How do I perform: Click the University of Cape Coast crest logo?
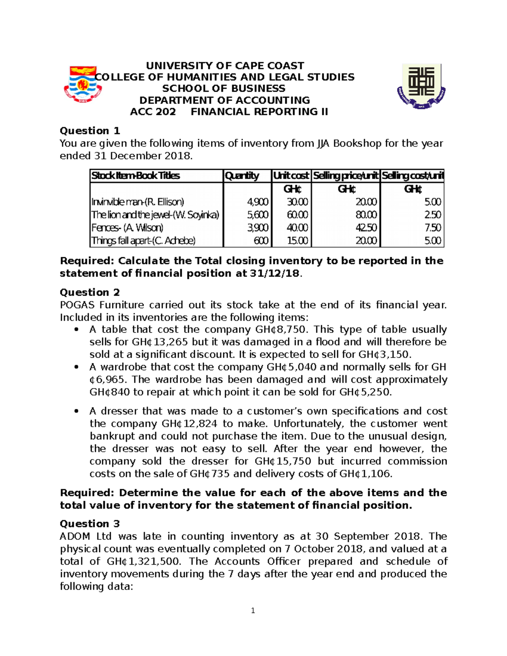[x=83, y=84]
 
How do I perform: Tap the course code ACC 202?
[x=153, y=112]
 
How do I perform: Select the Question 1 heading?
[x=90, y=131]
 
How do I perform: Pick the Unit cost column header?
[x=291, y=176]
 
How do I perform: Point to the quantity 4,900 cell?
[x=258, y=202]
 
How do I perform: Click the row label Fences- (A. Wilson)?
[x=127, y=228]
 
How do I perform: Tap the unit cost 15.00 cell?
[x=297, y=241]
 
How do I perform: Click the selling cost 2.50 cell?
[x=433, y=215]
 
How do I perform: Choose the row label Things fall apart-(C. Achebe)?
[x=143, y=241]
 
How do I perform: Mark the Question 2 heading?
[x=90, y=292]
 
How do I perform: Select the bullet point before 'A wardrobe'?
[x=76, y=367]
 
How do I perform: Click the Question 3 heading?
[x=90, y=524]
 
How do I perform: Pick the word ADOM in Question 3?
[x=75, y=536]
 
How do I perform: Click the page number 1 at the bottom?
[x=253, y=611]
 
